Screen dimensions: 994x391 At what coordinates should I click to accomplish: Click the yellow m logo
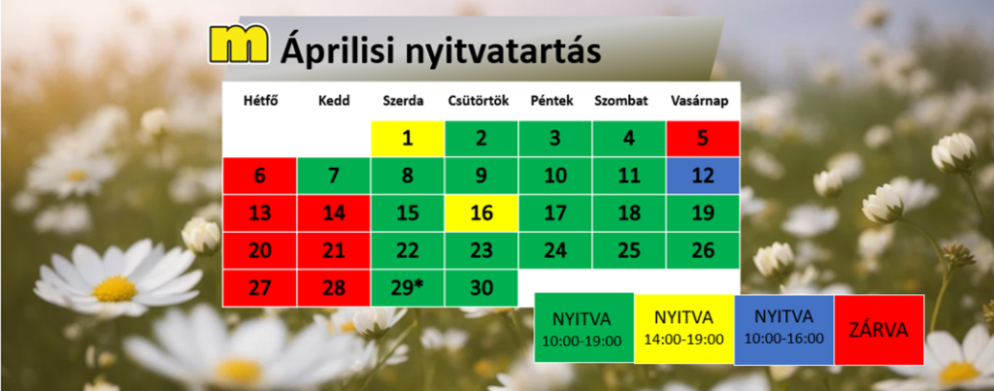point(240,44)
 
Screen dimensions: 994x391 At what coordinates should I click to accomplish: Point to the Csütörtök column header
point(479,101)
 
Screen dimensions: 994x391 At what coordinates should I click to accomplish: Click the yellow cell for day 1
point(408,138)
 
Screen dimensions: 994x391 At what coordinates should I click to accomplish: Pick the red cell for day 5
point(703,138)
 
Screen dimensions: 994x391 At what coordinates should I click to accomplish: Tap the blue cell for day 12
point(703,176)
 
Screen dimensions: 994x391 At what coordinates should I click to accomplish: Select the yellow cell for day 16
point(481,212)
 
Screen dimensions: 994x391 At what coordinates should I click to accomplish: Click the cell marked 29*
point(408,288)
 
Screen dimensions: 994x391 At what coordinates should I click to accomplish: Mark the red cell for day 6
point(259,176)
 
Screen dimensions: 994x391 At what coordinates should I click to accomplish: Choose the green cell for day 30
point(481,288)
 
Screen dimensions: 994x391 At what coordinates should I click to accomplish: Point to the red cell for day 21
point(334,251)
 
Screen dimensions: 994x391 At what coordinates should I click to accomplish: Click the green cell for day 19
point(703,212)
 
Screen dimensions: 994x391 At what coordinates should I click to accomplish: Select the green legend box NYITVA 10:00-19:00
point(583,328)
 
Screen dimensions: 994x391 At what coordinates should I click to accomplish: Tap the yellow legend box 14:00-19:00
point(684,329)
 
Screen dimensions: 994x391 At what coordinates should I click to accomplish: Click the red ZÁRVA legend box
point(878,330)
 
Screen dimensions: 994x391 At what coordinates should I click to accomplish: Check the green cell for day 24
point(555,251)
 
